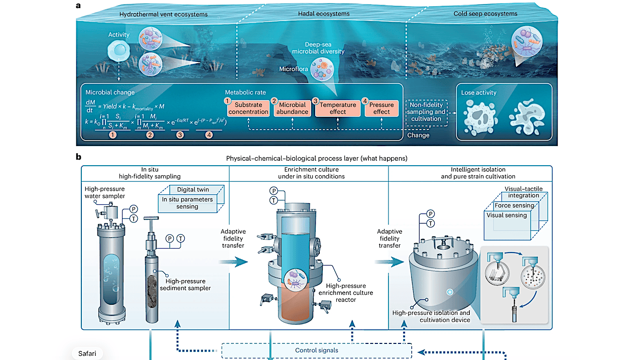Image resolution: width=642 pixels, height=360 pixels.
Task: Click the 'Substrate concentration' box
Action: pos(248,108)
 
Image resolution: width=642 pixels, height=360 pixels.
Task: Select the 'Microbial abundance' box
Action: pos(292,108)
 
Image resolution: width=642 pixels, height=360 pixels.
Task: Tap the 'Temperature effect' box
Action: pos(338,108)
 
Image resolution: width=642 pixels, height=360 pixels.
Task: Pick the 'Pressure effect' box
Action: pos(381,108)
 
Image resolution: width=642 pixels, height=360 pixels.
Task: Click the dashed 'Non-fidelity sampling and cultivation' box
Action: pos(426,112)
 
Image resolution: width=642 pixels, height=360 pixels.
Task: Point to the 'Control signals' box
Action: pos(316,350)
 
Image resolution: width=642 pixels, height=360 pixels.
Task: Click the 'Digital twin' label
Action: pos(193,189)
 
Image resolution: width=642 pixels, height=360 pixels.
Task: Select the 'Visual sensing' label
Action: pos(506,215)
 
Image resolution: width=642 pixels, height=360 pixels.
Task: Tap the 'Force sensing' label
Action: pos(514,205)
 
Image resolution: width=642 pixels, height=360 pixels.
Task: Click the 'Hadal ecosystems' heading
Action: pos(324,14)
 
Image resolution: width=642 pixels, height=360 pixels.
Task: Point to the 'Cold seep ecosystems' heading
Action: pos(485,14)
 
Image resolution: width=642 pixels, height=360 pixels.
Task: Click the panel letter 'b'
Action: pos(78,157)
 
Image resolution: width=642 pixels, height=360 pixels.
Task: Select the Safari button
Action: pos(87,353)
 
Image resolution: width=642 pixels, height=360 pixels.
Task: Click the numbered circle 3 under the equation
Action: pos(180,135)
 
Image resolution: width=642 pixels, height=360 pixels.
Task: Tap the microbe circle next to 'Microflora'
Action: pos(322,69)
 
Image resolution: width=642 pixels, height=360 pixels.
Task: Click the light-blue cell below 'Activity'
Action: pos(118,50)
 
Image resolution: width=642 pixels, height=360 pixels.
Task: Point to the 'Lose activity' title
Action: pos(479,92)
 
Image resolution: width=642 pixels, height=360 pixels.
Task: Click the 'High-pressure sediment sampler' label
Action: pos(185,285)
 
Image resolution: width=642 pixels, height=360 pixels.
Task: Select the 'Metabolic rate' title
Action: pos(245,92)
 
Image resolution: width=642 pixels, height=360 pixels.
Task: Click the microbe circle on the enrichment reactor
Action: pos(296,280)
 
